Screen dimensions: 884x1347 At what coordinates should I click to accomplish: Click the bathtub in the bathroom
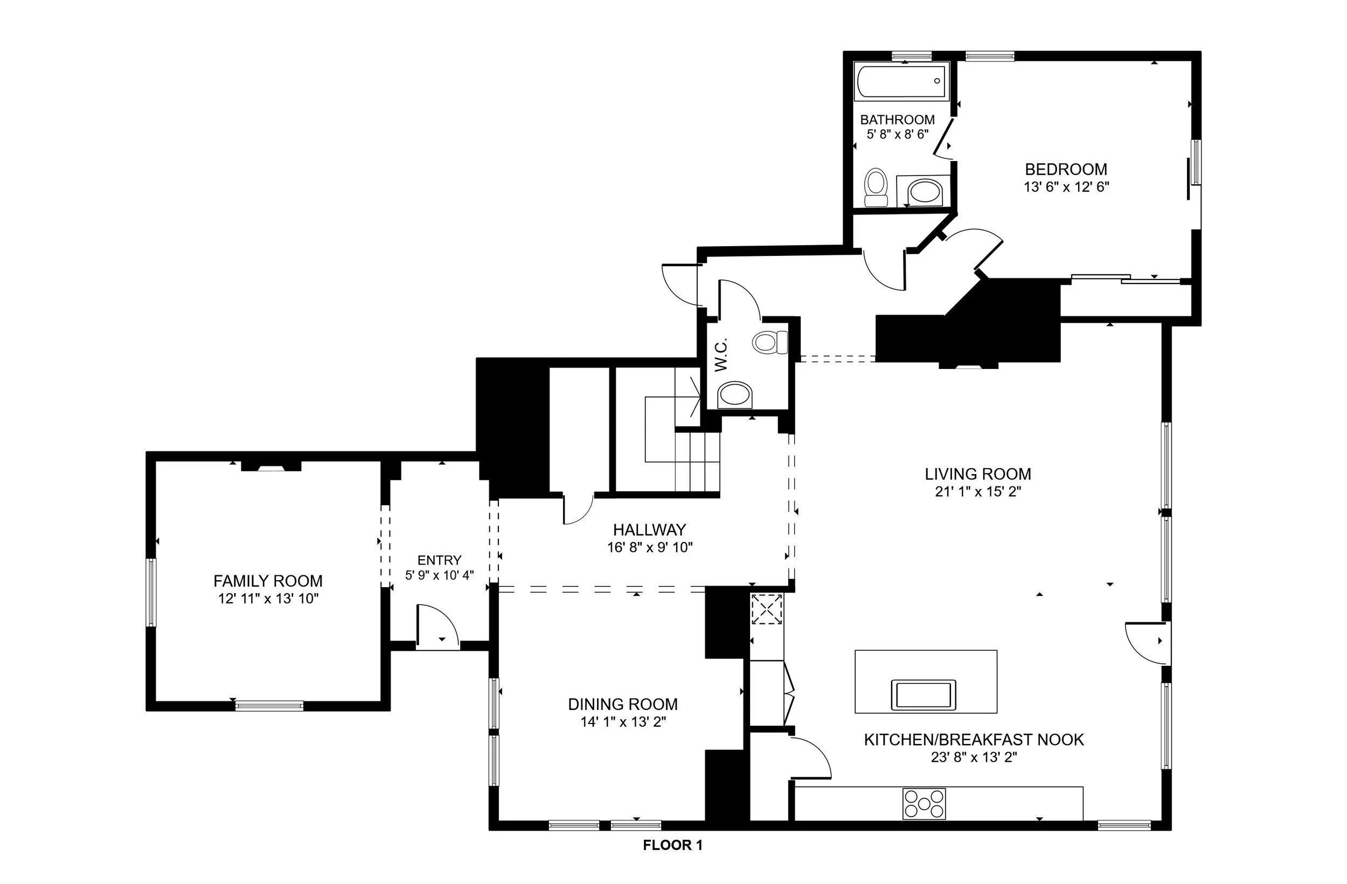coord(902,82)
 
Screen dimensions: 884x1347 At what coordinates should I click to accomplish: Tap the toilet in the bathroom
coord(876,187)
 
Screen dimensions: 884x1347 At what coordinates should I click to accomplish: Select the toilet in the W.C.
coord(770,342)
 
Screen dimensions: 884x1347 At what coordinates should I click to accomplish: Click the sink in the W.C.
coord(734,393)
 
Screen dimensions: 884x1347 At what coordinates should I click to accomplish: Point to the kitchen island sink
coord(923,694)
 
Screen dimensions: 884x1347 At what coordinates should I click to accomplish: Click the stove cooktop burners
coord(924,804)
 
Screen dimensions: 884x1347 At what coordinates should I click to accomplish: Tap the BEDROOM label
coord(1066,169)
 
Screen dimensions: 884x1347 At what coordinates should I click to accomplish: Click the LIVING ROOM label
coord(977,474)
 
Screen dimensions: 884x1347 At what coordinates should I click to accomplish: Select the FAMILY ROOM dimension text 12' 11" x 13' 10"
coord(268,599)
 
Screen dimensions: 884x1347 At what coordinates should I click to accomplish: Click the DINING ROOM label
coord(622,704)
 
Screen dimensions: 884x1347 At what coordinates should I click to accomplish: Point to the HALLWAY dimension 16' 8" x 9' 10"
coord(650,547)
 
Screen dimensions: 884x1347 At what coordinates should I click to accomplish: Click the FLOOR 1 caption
coord(672,846)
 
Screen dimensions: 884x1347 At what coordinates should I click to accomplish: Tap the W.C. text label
coord(720,355)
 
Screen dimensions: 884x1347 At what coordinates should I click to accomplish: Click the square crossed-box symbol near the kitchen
coord(767,609)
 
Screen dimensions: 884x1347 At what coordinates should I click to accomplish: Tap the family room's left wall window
coord(151,592)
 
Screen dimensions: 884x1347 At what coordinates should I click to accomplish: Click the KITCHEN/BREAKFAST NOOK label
coord(974,740)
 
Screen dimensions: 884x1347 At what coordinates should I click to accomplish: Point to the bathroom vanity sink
coord(924,191)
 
